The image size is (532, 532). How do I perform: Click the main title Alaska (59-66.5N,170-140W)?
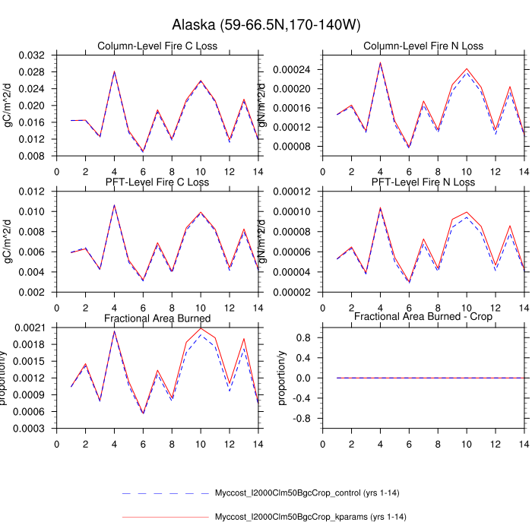point(265,25)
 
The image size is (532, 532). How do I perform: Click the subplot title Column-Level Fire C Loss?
point(158,46)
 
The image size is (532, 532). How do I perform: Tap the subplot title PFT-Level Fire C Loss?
point(158,182)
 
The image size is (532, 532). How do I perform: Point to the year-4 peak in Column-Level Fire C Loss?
point(114,71)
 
